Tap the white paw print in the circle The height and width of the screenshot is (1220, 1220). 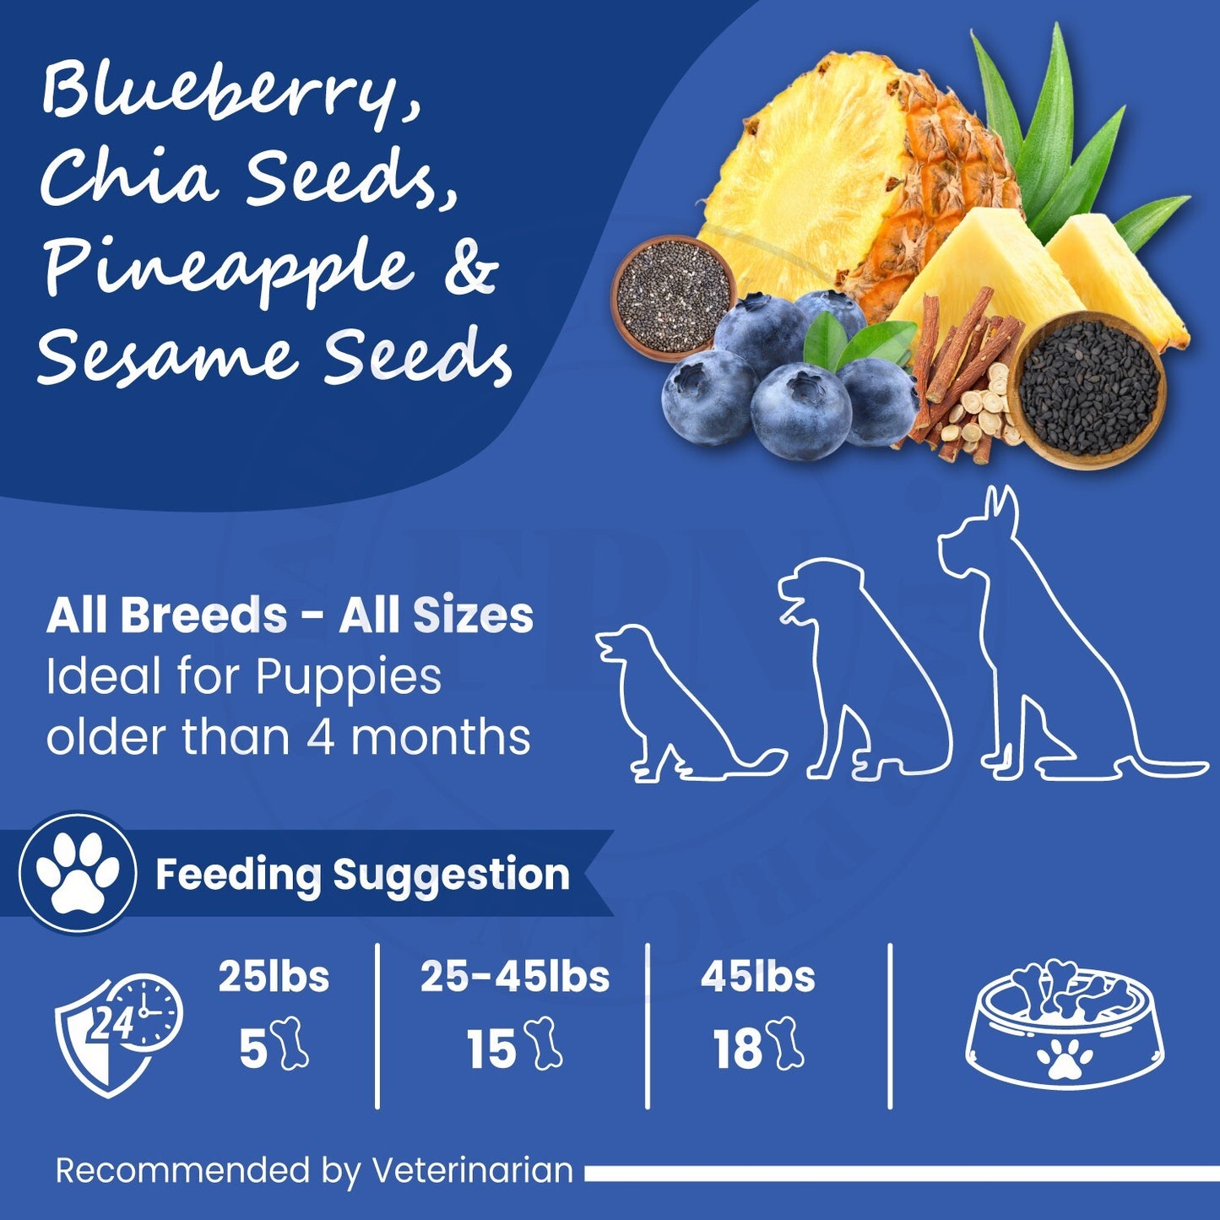79,873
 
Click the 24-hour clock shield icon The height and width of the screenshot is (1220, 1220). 117,1034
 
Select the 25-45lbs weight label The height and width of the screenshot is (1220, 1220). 515,977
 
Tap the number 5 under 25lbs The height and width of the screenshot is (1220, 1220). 252,1050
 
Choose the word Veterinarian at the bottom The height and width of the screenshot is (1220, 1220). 472,1171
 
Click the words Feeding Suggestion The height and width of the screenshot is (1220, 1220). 362,875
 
